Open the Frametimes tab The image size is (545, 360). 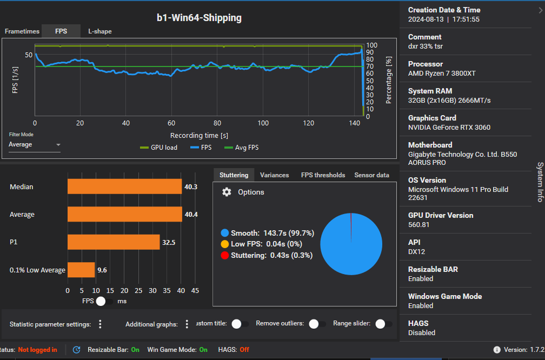tap(22, 31)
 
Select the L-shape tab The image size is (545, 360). tap(100, 31)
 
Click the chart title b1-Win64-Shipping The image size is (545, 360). tap(199, 18)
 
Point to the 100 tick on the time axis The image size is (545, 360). tap(263, 123)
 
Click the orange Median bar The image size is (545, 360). tap(124, 186)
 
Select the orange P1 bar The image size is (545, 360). tap(114, 242)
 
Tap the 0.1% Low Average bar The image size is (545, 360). tap(81, 270)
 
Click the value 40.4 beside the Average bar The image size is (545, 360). tap(191, 215)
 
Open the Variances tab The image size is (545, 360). tap(274, 175)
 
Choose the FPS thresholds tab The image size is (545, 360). tap(323, 175)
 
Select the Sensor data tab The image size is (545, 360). tap(371, 175)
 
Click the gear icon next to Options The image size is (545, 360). tap(227, 192)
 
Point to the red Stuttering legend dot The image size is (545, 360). tap(225, 255)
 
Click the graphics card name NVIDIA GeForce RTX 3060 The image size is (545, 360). tap(449, 128)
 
